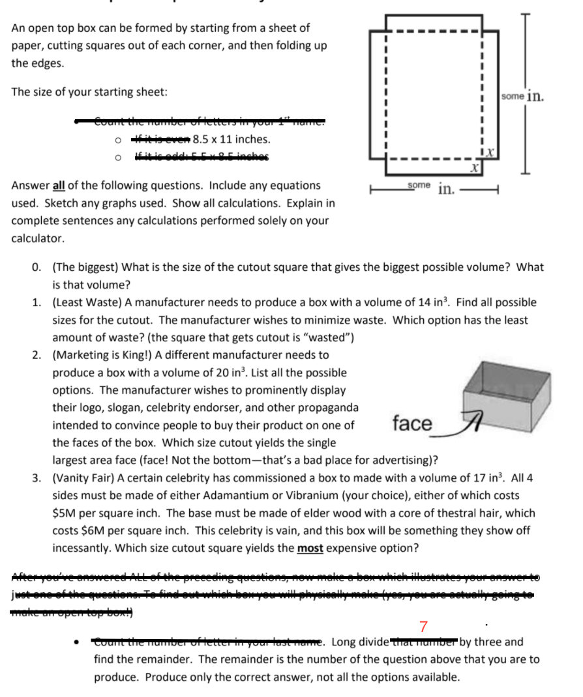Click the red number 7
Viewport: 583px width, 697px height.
point(423,627)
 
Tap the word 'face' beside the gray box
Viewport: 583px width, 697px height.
point(411,423)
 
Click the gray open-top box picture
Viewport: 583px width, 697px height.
point(503,391)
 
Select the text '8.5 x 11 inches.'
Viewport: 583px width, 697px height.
point(232,139)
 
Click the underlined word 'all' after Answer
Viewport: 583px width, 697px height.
point(59,186)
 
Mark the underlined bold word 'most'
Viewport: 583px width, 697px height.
point(310,548)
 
